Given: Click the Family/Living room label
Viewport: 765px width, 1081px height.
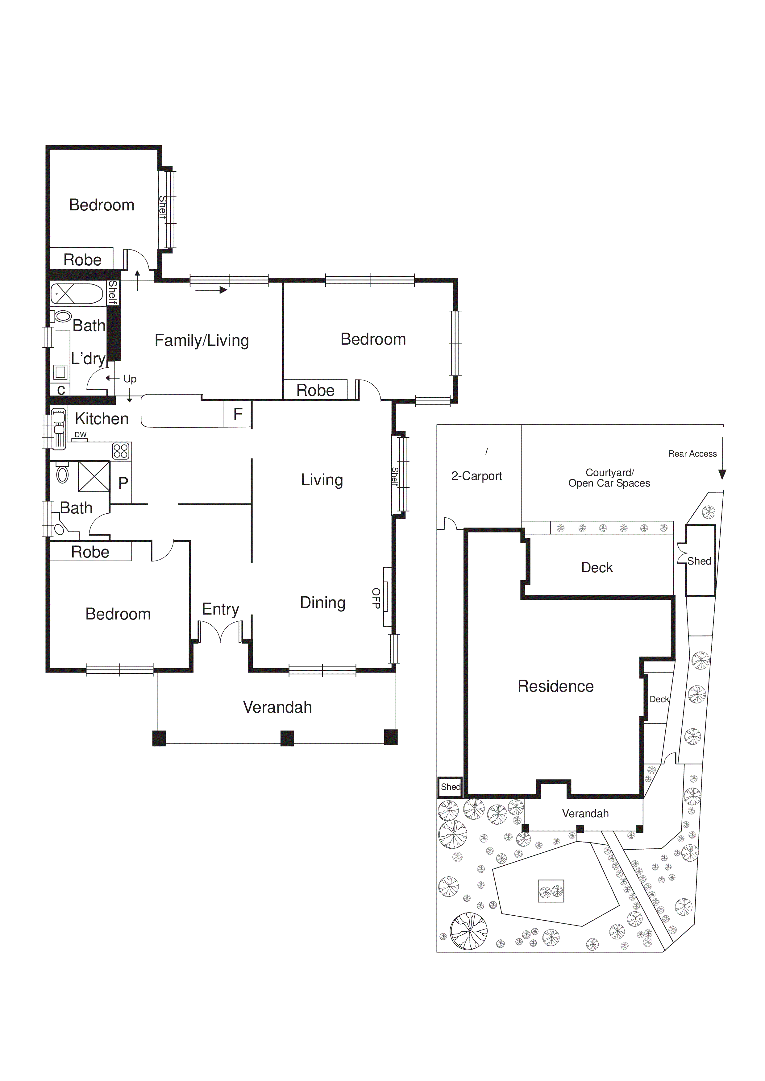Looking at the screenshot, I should click(202, 340).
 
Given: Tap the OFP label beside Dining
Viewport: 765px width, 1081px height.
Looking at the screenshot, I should click(376, 598).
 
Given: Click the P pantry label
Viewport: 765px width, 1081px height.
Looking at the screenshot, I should click(123, 483).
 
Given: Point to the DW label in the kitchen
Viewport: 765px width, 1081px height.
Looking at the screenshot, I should click(81, 435).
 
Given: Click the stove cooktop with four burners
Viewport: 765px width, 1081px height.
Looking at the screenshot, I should click(121, 451).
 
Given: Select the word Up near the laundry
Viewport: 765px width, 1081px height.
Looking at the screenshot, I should click(130, 379).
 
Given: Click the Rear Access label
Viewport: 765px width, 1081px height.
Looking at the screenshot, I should click(692, 454).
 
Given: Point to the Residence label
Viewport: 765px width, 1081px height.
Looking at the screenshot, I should click(555, 686).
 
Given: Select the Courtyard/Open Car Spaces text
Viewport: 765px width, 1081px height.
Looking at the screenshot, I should click(609, 478).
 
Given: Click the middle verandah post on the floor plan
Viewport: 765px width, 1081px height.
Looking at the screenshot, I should click(287, 738).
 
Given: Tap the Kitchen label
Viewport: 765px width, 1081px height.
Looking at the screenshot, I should click(102, 419).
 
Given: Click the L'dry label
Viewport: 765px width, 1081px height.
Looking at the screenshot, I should click(88, 359).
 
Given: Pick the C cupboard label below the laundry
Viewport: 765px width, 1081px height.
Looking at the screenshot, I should click(61, 390).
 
